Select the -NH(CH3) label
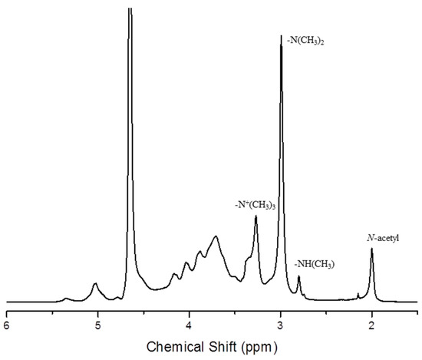coord(314,265)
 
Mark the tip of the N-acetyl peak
coord(372,249)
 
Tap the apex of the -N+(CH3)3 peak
coord(256,217)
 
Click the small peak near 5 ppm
coord(95,284)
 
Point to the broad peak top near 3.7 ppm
coord(216,236)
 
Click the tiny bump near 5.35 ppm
coord(66,298)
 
